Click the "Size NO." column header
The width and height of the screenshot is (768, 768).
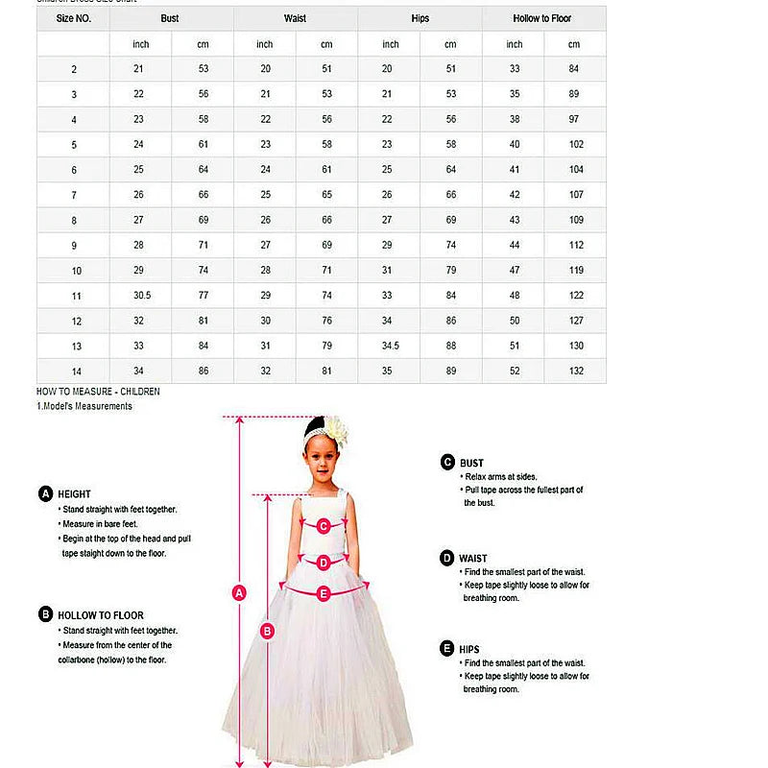click(74, 18)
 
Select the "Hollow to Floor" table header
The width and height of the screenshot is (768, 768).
click(543, 18)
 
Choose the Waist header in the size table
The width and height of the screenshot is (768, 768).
click(296, 18)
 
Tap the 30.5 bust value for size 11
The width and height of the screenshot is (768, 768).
click(142, 295)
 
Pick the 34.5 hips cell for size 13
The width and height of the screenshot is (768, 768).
click(391, 346)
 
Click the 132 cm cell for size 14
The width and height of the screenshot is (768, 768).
click(575, 371)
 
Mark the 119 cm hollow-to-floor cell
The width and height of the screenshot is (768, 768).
click(575, 270)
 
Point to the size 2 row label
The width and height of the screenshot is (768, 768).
click(74, 69)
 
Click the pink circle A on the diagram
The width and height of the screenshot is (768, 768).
click(240, 592)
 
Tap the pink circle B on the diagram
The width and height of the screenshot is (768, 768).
click(268, 630)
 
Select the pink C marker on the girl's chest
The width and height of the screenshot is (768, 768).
click(324, 525)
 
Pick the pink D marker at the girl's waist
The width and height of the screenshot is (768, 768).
click(324, 563)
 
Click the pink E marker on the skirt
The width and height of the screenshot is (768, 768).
click(324, 594)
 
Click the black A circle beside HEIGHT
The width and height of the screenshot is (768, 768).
click(45, 493)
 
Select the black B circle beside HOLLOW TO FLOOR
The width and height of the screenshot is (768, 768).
click(45, 614)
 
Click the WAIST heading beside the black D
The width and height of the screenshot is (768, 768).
click(473, 558)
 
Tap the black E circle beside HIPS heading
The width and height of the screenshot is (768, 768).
click(447, 649)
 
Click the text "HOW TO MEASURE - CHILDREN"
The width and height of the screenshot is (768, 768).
click(98, 392)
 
